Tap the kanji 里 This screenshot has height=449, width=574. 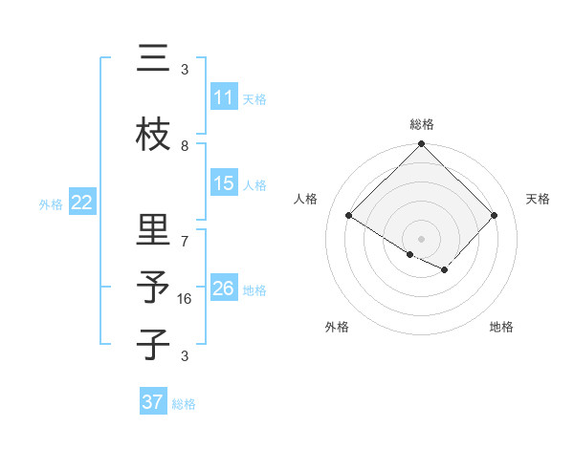pyautogui.click(x=153, y=231)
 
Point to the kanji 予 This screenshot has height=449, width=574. pyautogui.click(x=153, y=288)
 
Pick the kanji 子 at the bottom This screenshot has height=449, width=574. pyautogui.click(x=153, y=344)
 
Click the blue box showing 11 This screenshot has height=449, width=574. pyautogui.click(x=224, y=97)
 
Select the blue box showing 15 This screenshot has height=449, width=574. pyautogui.click(x=224, y=183)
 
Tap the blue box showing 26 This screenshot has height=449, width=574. pyautogui.click(x=224, y=288)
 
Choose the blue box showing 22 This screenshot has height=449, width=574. pyautogui.click(x=81, y=202)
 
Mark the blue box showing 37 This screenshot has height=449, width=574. pyautogui.click(x=153, y=402)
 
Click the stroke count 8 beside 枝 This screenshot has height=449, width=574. pyautogui.click(x=185, y=145)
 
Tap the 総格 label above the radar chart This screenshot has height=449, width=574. pyautogui.click(x=422, y=124)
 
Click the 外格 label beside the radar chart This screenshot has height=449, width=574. pyautogui.click(x=337, y=327)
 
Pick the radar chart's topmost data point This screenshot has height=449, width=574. pyautogui.click(x=422, y=144)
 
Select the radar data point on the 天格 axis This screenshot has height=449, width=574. pyautogui.click(x=495, y=215)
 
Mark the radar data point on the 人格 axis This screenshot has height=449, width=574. pyautogui.click(x=349, y=215)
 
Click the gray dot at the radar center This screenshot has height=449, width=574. pyautogui.click(x=422, y=238)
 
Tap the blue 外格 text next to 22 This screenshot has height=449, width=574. pyautogui.click(x=51, y=203)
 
